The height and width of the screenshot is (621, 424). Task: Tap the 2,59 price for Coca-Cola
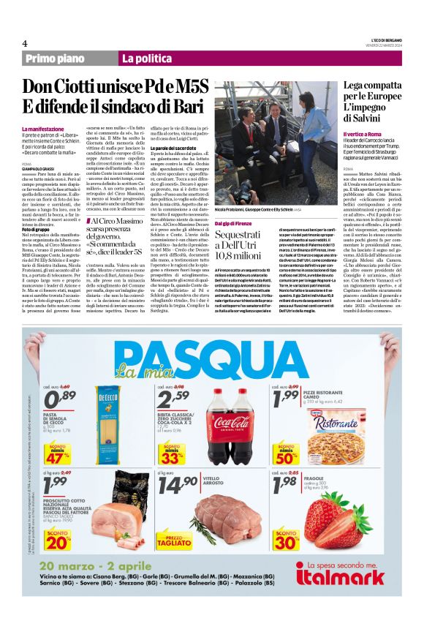pos(175,399)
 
